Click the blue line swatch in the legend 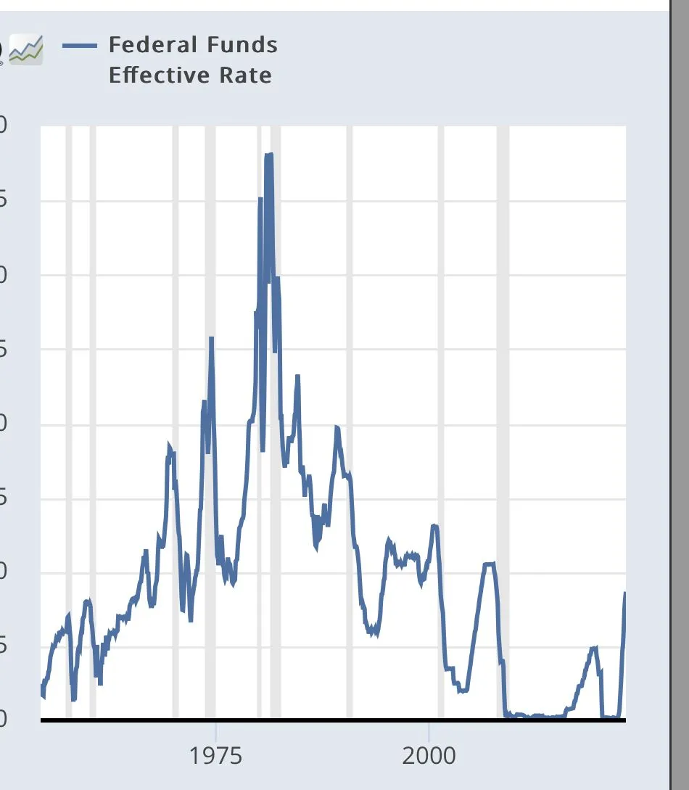point(79,46)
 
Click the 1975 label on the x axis point(215,756)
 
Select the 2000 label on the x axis point(429,756)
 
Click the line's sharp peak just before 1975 point(211,338)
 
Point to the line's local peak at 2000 point(434,525)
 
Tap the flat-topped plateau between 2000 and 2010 point(489,564)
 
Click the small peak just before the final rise point(594,648)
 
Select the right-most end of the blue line point(624,593)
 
